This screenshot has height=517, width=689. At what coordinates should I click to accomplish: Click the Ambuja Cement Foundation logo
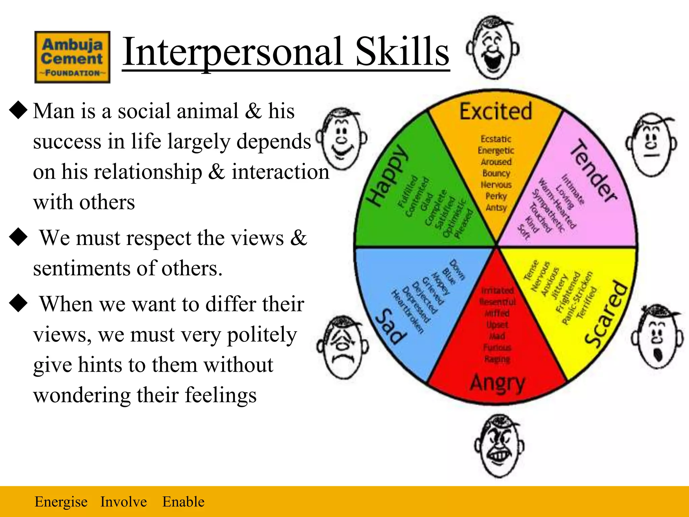[72, 57]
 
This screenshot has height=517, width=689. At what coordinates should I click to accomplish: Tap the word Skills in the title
[402, 52]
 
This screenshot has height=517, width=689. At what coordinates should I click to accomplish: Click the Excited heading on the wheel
[496, 111]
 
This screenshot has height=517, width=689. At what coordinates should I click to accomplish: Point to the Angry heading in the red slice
[497, 383]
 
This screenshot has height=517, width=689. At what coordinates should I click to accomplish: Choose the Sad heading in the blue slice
[391, 326]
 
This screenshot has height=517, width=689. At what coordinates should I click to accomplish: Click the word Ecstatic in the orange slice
[496, 139]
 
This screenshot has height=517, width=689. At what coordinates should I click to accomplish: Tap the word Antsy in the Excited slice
[496, 207]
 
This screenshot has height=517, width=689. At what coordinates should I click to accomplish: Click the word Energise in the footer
[61, 502]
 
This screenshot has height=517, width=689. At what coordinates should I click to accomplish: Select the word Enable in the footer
[183, 502]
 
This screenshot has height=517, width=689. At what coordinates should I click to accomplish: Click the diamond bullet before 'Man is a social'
[18, 111]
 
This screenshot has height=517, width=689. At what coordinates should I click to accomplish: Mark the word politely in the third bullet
[262, 335]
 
